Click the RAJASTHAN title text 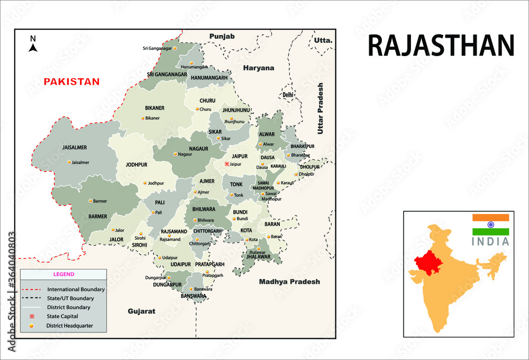(441, 46)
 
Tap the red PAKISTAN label (71, 82)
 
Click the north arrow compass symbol (33, 45)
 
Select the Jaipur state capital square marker (227, 164)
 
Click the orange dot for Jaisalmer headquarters (69, 163)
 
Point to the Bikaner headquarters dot (142, 118)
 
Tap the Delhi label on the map (288, 95)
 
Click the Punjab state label (222, 36)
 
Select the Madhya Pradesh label (289, 282)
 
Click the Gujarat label (142, 311)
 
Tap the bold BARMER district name (98, 216)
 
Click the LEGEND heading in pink (63, 274)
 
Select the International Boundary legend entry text (76, 290)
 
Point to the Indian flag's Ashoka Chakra (490, 224)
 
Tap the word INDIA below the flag (490, 241)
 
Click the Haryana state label (259, 68)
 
